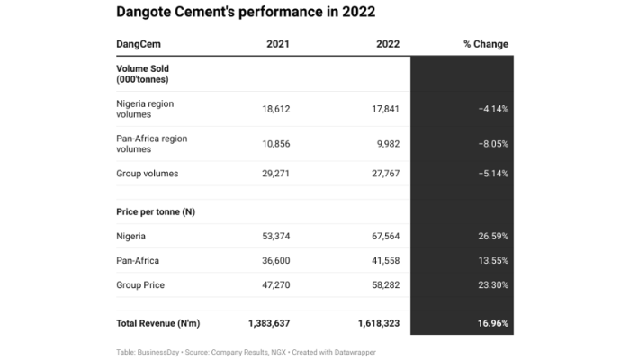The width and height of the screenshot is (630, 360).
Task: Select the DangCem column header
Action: point(139,44)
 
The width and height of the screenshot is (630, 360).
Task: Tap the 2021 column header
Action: point(277,44)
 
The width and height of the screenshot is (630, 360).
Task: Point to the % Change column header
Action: point(485,44)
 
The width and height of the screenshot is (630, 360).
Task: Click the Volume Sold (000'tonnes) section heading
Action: point(143,73)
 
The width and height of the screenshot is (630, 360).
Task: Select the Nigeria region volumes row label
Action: point(145,109)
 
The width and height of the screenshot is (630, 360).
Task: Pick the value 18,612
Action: point(274,109)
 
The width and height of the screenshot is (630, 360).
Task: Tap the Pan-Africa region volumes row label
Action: point(150,144)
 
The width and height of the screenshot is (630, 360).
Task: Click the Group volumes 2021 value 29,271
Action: point(274,174)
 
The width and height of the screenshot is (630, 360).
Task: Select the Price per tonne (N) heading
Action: point(156,211)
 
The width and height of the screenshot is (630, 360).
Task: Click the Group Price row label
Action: point(141,284)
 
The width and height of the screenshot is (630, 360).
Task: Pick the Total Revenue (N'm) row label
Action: point(157,321)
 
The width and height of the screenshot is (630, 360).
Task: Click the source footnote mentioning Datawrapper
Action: point(245,351)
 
